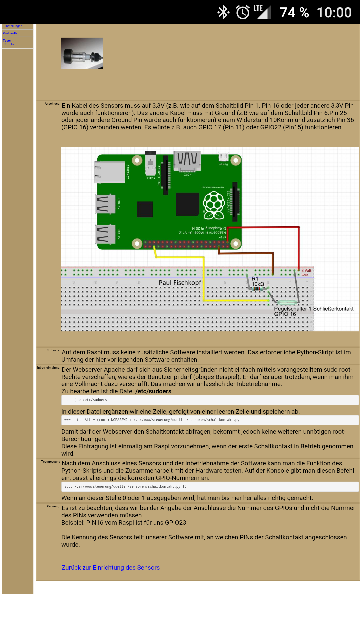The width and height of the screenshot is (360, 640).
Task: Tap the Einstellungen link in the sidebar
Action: tap(13, 26)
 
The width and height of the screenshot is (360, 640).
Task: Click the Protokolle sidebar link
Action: tap(10, 33)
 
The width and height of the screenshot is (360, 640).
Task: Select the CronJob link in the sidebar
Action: tap(9, 44)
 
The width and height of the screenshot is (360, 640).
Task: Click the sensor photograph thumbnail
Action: tap(82, 53)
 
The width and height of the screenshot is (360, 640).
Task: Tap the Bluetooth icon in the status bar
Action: tap(223, 12)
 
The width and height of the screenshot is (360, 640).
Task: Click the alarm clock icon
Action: tap(243, 12)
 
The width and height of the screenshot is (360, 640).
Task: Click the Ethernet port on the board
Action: tap(110, 172)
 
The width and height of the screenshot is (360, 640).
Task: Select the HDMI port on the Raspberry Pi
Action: tap(187, 161)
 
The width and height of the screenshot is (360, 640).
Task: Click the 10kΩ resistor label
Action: tap(258, 284)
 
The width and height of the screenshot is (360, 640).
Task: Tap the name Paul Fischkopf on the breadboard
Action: tap(180, 283)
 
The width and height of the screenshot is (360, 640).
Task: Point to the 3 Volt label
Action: tap(306, 270)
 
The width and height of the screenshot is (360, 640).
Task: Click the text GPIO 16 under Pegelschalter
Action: tap(285, 314)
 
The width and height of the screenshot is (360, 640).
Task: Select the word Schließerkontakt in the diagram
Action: tap(333, 309)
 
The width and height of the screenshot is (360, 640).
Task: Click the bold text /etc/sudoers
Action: tap(153, 391)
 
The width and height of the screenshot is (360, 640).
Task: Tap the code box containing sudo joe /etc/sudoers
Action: tap(210, 400)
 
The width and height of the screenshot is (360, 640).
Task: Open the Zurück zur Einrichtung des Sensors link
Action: tap(111, 567)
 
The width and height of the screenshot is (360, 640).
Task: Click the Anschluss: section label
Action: tap(52, 104)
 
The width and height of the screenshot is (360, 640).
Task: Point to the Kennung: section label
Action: tap(53, 506)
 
